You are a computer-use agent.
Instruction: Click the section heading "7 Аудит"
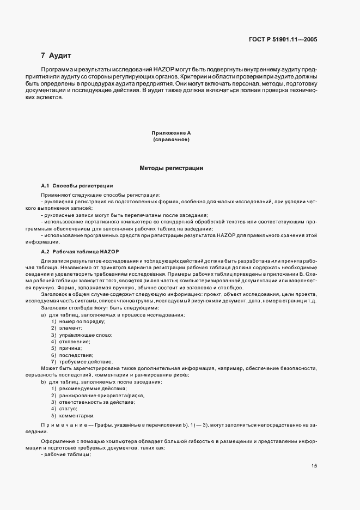coord(56,56)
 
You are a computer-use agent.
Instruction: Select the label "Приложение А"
coord(170,133)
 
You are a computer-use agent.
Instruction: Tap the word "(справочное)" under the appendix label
coord(170,140)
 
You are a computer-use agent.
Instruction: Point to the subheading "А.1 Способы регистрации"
coord(77,186)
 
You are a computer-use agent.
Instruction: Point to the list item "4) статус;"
coord(68,408)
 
